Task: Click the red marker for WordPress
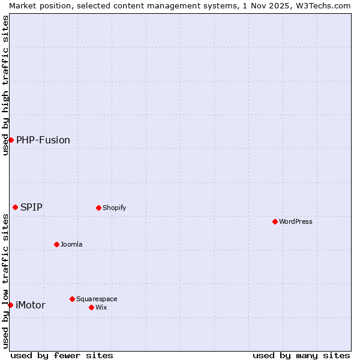tap(275, 221)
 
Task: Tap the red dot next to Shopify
tap(98, 208)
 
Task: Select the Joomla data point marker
tap(56, 244)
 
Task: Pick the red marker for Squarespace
tap(72, 299)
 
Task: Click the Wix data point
tap(91, 307)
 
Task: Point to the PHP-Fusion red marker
tap(11, 140)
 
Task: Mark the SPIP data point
tap(15, 207)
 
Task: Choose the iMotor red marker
tap(10, 305)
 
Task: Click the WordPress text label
tap(296, 221)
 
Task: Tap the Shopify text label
tap(114, 208)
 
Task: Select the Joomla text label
tap(71, 244)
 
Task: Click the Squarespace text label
tap(97, 299)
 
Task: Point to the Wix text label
tap(101, 307)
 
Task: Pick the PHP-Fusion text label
tap(43, 140)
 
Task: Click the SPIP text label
tap(31, 207)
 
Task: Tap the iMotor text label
tap(30, 305)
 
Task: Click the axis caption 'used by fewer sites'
tap(62, 355)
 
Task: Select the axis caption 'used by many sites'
tap(301, 355)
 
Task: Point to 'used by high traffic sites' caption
tap(5, 85)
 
